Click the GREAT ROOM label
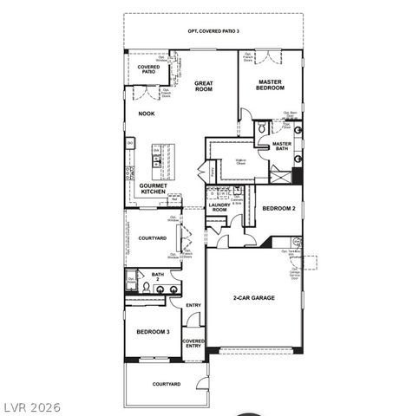point(204,86)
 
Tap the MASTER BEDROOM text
point(271,85)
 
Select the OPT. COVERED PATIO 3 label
point(213,31)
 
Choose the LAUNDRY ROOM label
point(218,208)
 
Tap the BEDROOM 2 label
point(278,208)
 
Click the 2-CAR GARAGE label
point(253,298)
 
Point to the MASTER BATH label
point(281,146)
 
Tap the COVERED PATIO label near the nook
point(148,69)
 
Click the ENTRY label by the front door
point(193,305)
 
